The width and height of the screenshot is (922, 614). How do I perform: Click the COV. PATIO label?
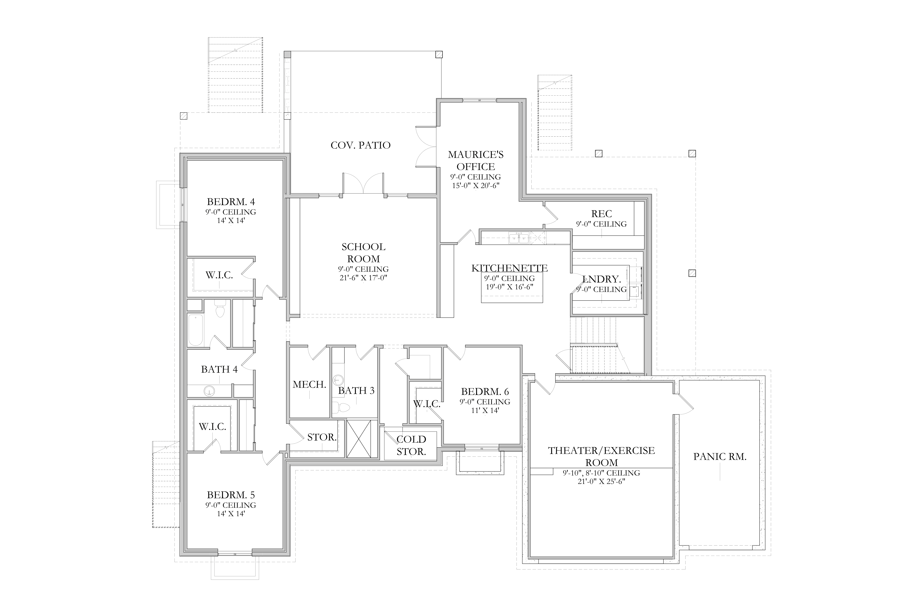tap(361, 145)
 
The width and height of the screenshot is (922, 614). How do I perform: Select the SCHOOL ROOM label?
tap(363, 253)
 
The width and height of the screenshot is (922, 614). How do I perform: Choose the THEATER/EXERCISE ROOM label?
tap(601, 456)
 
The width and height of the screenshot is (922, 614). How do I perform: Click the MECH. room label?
tap(309, 385)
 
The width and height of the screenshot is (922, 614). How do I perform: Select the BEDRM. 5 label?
tap(231, 495)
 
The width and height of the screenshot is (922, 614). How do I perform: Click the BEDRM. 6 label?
tap(485, 392)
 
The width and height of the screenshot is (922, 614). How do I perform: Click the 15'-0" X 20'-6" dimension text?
tap(475, 186)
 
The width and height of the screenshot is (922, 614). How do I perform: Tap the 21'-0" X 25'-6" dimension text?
tap(601, 481)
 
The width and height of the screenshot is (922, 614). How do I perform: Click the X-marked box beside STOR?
tap(359, 439)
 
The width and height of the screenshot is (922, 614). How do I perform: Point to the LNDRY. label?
tap(601, 279)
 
